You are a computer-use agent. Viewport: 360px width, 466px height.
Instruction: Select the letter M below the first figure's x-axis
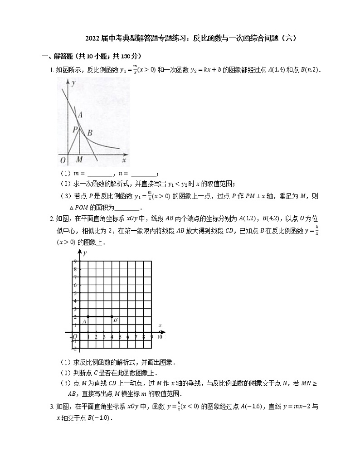click(x=79, y=160)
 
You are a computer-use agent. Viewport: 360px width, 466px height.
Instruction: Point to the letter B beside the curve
click(x=90, y=133)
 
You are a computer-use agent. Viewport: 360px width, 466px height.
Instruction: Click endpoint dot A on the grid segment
click(x=88, y=316)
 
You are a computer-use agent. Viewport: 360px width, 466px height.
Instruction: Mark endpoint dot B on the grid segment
click(x=112, y=316)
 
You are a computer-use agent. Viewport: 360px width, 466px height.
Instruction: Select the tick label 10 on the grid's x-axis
click(x=159, y=337)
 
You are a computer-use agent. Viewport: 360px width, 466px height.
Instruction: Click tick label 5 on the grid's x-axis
click(x=120, y=337)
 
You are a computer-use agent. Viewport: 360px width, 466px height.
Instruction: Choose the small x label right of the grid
click(x=160, y=325)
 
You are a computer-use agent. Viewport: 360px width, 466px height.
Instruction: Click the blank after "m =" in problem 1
click(x=99, y=174)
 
